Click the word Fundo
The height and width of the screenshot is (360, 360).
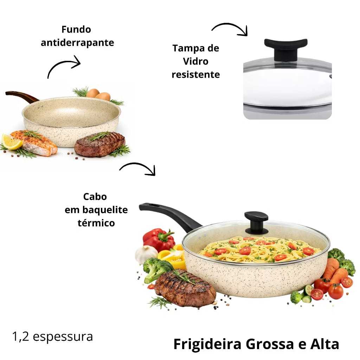tap(76, 30)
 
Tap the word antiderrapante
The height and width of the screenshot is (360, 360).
tap(77, 43)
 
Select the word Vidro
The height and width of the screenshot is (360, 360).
tap(195, 62)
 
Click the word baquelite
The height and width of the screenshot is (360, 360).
tap(105, 210)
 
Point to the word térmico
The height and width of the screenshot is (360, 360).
tap(96, 223)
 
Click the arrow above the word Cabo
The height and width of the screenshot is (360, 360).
tap(138, 166)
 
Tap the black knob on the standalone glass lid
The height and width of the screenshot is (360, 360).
tap(285, 49)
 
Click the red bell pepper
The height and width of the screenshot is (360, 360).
tap(159, 239)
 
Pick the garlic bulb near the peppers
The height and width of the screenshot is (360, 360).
tap(146, 255)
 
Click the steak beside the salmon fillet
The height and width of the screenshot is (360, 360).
tap(99, 144)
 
